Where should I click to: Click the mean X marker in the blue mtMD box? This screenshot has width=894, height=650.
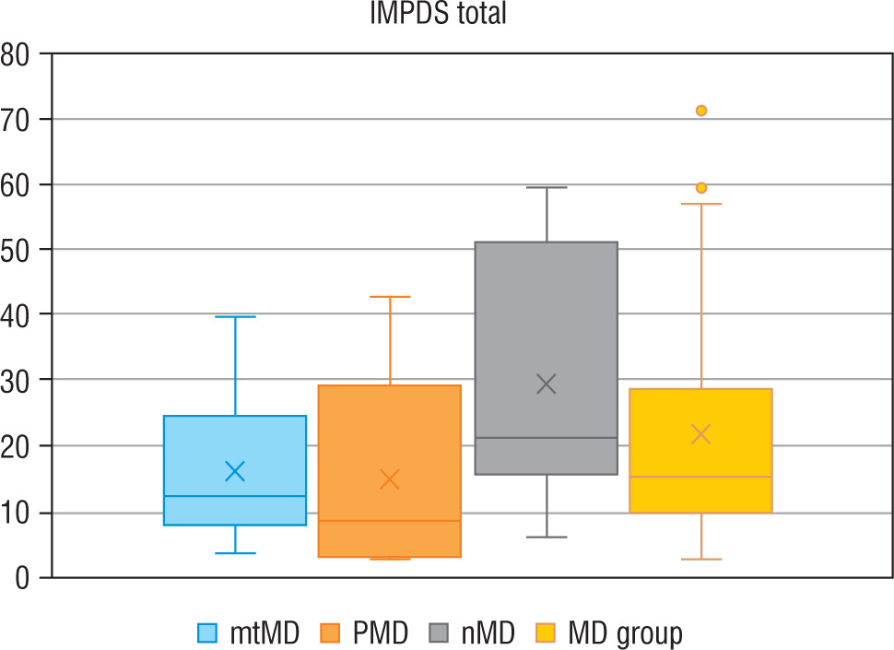pyautogui.click(x=235, y=472)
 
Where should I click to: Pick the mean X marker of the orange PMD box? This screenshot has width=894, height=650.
pyautogui.click(x=390, y=479)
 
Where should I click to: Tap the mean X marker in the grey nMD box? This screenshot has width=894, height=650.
pyautogui.click(x=547, y=384)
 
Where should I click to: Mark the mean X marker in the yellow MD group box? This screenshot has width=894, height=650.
pyautogui.click(x=701, y=434)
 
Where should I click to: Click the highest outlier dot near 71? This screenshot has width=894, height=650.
pyautogui.click(x=701, y=111)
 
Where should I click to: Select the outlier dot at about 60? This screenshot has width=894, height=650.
pyautogui.click(x=701, y=187)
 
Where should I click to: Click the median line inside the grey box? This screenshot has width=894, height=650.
pyautogui.click(x=547, y=438)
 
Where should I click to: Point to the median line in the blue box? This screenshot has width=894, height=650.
pyautogui.click(x=235, y=496)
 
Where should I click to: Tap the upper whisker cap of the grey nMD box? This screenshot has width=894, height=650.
pyautogui.click(x=547, y=187)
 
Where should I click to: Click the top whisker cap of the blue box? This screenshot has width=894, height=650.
pyautogui.click(x=235, y=317)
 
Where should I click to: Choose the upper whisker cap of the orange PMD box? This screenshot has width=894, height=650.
pyautogui.click(x=390, y=297)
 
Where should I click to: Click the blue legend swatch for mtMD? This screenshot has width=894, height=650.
pyautogui.click(x=208, y=632)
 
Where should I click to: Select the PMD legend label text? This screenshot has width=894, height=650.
pyautogui.click(x=381, y=632)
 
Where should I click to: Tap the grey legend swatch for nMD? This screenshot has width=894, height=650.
pyautogui.click(x=441, y=632)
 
